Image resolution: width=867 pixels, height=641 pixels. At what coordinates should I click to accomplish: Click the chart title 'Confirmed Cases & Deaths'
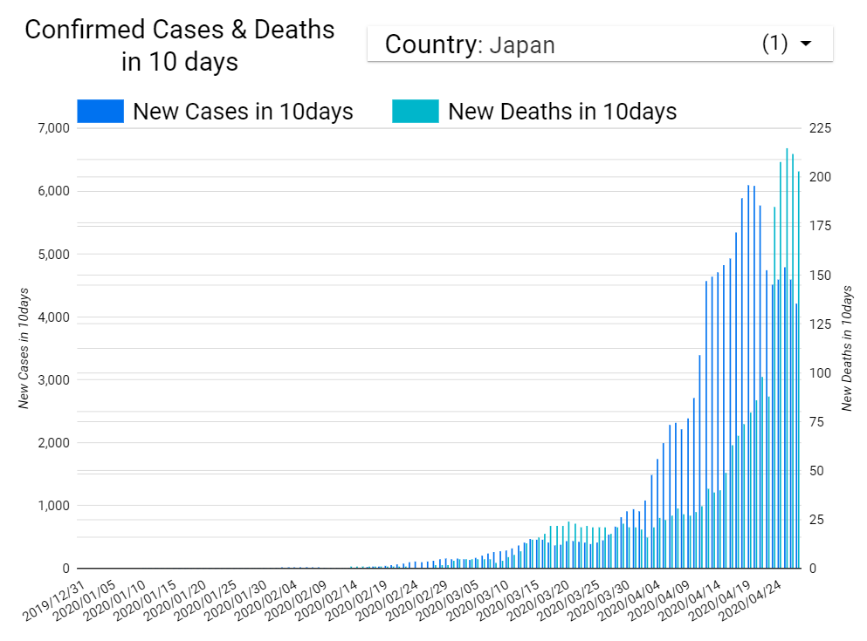pos(179,30)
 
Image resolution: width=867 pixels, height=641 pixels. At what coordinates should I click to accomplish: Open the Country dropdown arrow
pos(806,44)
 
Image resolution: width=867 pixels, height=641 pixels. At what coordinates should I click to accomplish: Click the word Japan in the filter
pos(521,45)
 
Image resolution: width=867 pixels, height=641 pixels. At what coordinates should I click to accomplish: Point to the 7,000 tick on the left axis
pos(51,128)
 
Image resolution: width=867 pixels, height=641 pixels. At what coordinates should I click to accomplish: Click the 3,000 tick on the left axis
pos(51,380)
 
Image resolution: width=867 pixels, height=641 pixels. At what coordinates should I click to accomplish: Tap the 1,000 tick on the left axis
pos(51,506)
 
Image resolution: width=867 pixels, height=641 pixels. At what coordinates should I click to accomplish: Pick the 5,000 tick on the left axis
pos(51,255)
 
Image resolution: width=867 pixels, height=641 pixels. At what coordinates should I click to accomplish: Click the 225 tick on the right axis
pos(821,128)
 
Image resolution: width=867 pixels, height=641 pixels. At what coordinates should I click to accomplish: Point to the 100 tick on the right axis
pos(821,373)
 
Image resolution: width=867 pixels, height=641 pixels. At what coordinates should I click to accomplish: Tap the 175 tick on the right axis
pos(821,226)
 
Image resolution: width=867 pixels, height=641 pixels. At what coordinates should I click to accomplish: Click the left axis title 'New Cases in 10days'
pos(24,348)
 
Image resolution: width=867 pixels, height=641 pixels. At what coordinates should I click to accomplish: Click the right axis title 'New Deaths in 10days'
pos(846,348)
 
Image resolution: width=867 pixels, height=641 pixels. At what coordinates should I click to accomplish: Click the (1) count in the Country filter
pos(775,44)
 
